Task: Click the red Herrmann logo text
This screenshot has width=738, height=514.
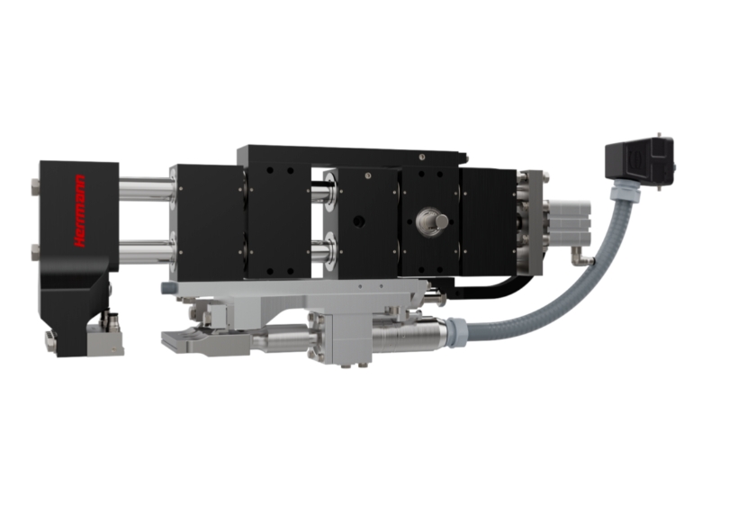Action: [x=80, y=211]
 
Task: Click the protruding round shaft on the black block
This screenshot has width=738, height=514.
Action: [x=440, y=221]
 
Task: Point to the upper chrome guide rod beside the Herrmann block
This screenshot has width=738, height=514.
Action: [x=146, y=189]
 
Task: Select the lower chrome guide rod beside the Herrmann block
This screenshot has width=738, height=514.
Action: [x=146, y=251]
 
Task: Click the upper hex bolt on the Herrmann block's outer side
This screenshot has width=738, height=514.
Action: [x=35, y=187]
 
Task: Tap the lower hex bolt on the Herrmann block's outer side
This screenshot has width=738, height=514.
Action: [x=35, y=252]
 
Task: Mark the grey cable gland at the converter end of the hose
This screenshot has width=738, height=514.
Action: [x=455, y=331]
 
